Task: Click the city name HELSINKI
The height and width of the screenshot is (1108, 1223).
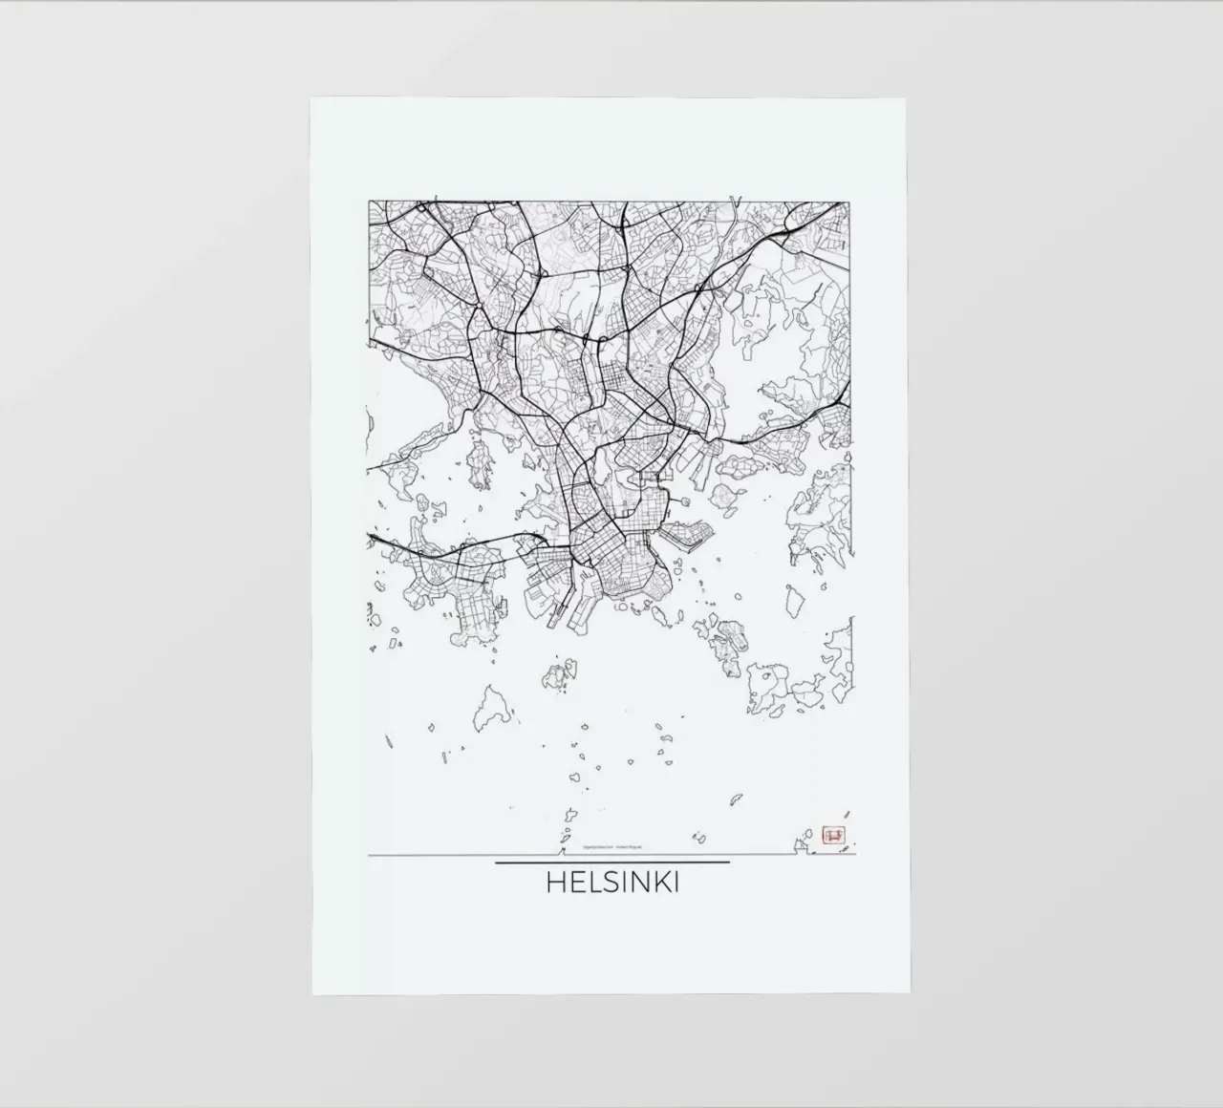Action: click(x=612, y=882)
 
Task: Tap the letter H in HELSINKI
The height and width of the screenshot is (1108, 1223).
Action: click(x=554, y=882)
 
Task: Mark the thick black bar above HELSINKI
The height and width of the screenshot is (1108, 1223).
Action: click(x=612, y=862)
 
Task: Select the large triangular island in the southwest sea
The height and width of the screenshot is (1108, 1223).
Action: click(x=492, y=708)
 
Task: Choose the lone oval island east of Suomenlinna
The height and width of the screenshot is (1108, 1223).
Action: click(x=793, y=601)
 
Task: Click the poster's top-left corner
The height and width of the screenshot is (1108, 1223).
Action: click(x=311, y=99)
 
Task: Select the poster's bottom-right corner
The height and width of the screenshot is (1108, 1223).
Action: click(x=907, y=992)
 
